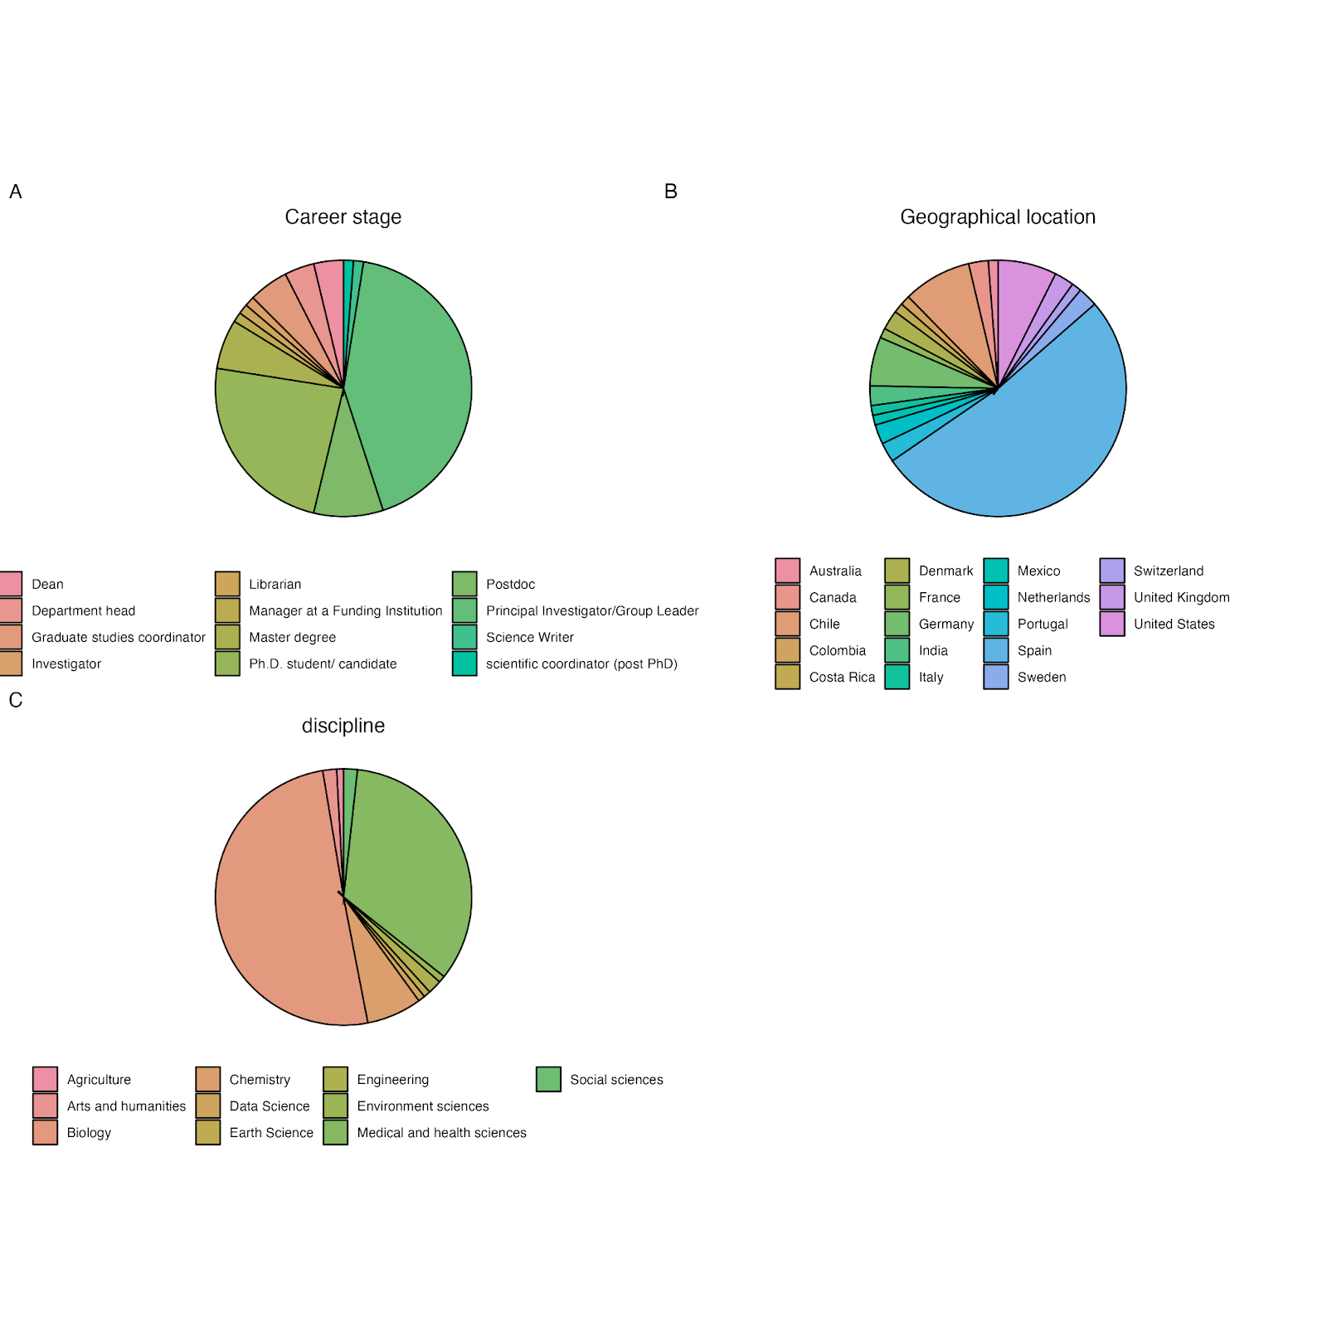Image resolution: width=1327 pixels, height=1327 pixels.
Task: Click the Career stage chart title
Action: pos(343,217)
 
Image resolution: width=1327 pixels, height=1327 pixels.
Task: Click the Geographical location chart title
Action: pos(997,217)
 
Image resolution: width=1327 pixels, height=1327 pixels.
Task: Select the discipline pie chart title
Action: pos(343,726)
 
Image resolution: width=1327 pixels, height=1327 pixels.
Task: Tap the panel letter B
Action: pos(671,192)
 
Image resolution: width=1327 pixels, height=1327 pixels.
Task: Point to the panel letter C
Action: pos(16,701)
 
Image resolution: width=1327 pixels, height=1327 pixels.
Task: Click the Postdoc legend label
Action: pos(510,585)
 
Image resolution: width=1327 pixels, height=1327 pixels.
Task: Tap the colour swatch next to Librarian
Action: pos(227,584)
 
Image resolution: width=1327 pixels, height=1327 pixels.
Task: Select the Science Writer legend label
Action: pos(529,638)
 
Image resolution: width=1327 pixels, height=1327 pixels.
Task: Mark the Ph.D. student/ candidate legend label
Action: pos(323,664)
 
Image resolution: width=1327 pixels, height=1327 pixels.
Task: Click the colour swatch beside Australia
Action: pos(788,571)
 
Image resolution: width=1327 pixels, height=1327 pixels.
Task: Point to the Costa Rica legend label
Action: pos(842,678)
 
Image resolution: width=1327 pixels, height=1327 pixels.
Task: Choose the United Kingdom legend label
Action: pos(1181,598)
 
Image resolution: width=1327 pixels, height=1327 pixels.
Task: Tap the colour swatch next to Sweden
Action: pos(996,677)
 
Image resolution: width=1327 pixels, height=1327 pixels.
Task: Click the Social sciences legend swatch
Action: pos(548,1079)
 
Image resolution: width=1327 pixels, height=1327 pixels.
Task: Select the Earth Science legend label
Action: pos(271,1133)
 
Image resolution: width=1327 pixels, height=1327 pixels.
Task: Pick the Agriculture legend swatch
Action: pos(46,1079)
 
